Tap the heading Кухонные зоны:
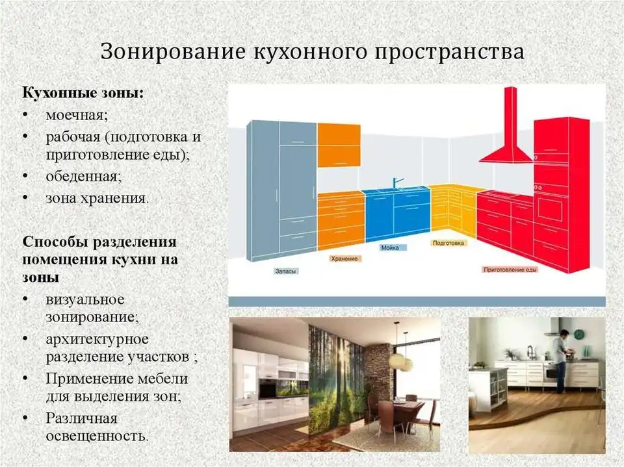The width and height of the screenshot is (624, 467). click(83, 94)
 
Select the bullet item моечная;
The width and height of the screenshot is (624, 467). click(77, 116)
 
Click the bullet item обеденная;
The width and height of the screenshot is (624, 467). click(84, 176)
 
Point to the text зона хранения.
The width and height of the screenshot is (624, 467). click(97, 197)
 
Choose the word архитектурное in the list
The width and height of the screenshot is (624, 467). click(97, 339)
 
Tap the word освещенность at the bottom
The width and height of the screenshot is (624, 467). click(97, 436)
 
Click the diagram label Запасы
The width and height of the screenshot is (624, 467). click(286, 271)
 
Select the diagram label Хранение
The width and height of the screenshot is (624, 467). click(344, 259)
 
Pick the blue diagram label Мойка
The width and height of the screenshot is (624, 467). click(390, 248)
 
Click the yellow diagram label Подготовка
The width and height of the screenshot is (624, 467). click(448, 243)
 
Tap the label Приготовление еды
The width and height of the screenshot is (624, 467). click(511, 270)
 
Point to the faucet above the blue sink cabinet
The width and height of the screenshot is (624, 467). click(397, 183)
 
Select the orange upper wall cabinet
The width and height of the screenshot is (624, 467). click(339, 145)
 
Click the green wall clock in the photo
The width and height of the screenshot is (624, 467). click(578, 334)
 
